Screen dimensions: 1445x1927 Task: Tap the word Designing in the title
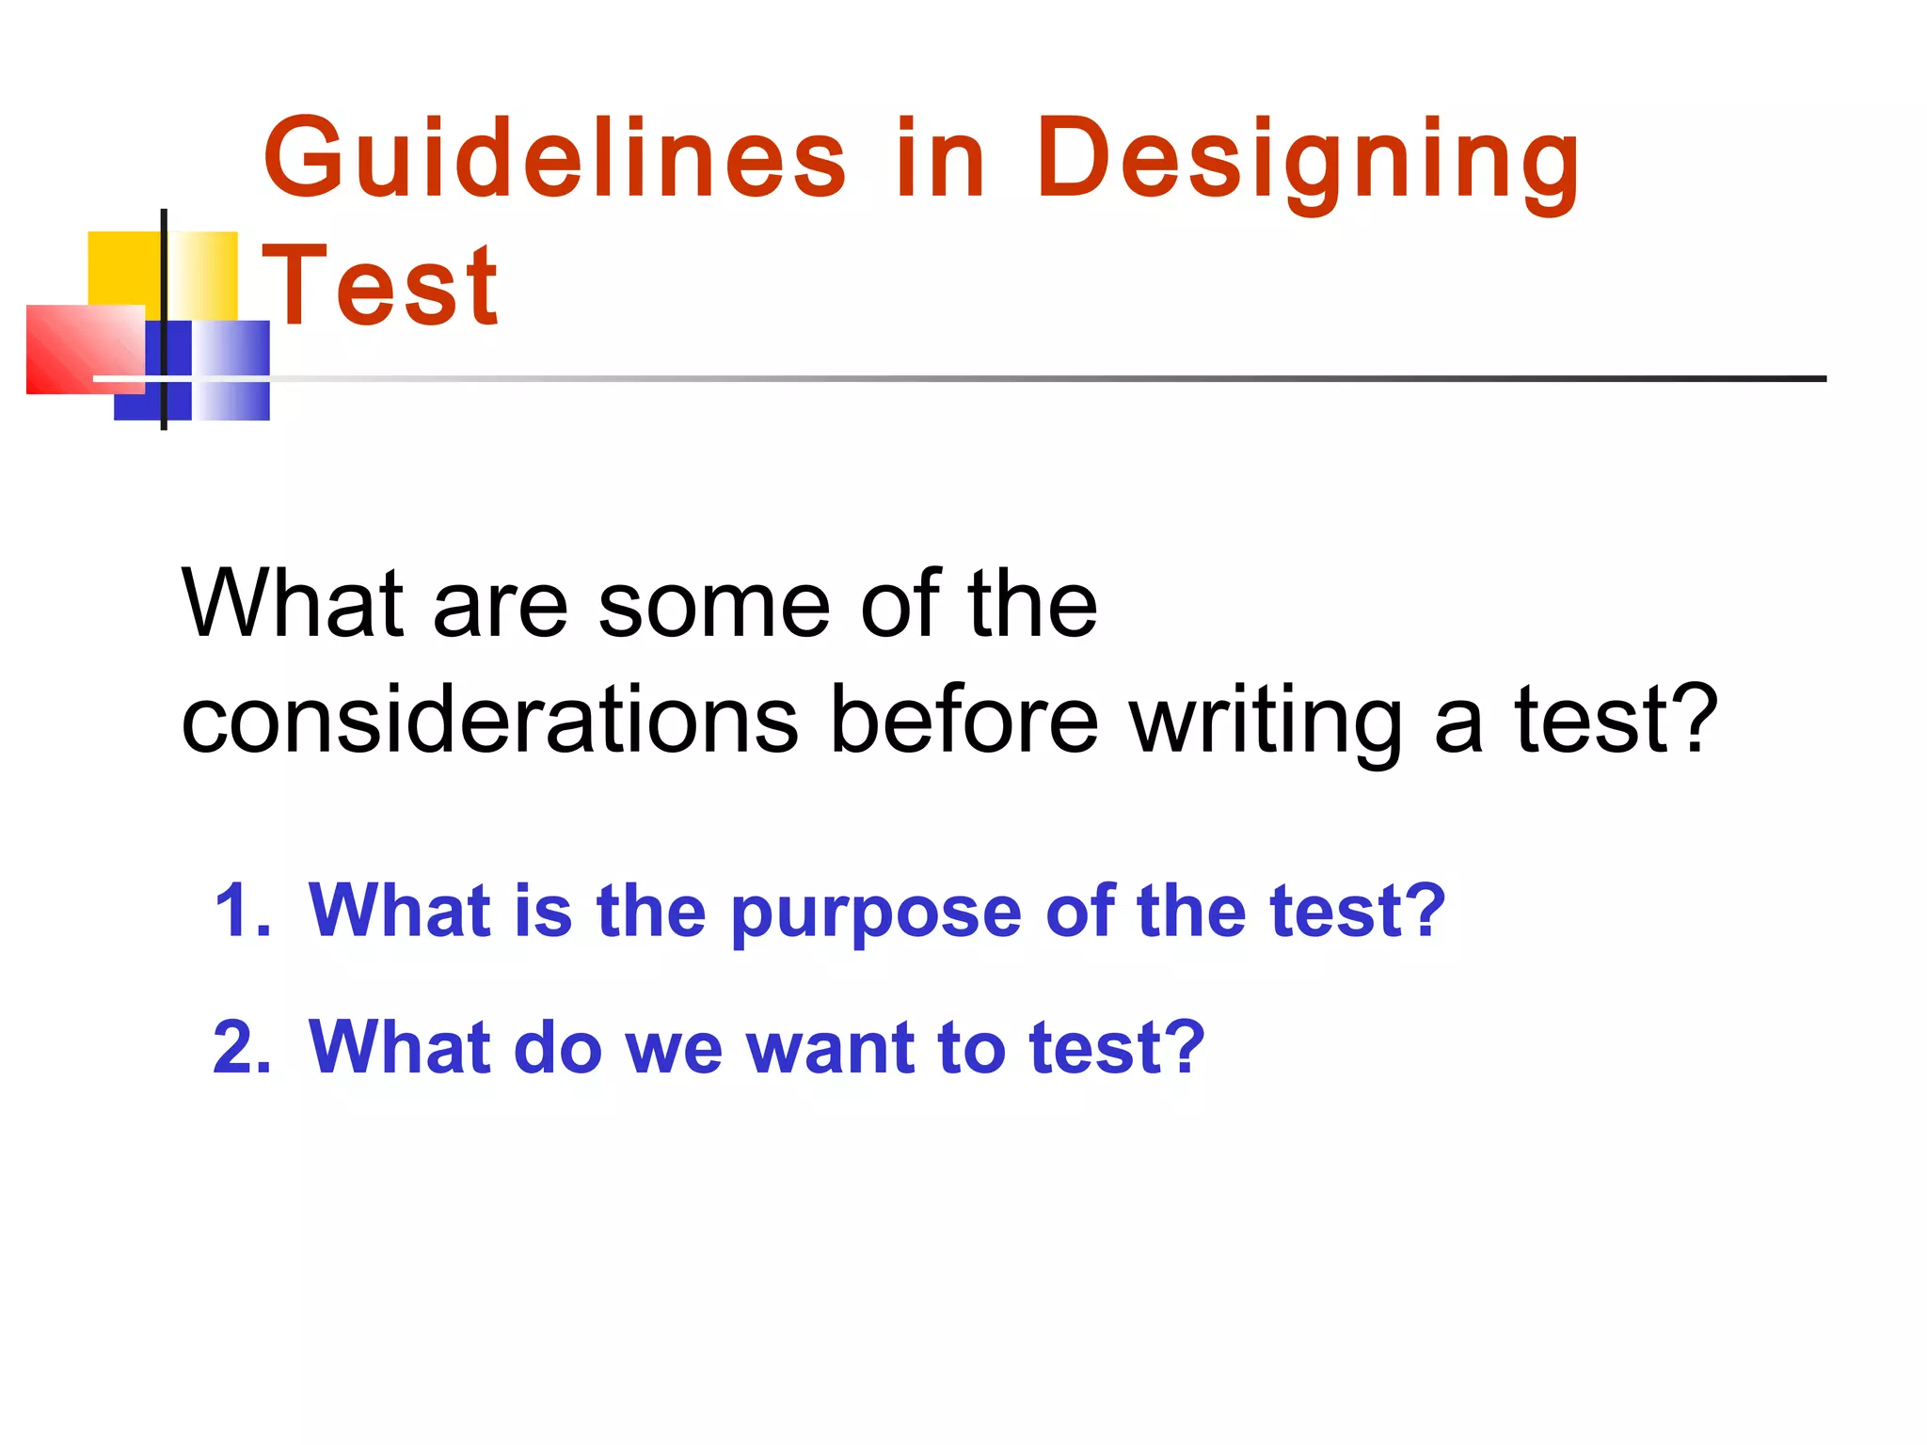[x=1308, y=162]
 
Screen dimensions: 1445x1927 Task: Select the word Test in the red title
[x=380, y=285]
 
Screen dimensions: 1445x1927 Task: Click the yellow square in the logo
[x=127, y=269]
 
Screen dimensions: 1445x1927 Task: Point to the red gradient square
[x=85, y=348]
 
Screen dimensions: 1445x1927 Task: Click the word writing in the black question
[x=1266, y=722]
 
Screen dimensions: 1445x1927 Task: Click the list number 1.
[x=241, y=911]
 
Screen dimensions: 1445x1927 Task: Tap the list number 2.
[x=241, y=1047]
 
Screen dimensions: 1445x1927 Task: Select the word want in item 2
[x=829, y=1049]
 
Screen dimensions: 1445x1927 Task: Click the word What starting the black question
[x=293, y=604]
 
